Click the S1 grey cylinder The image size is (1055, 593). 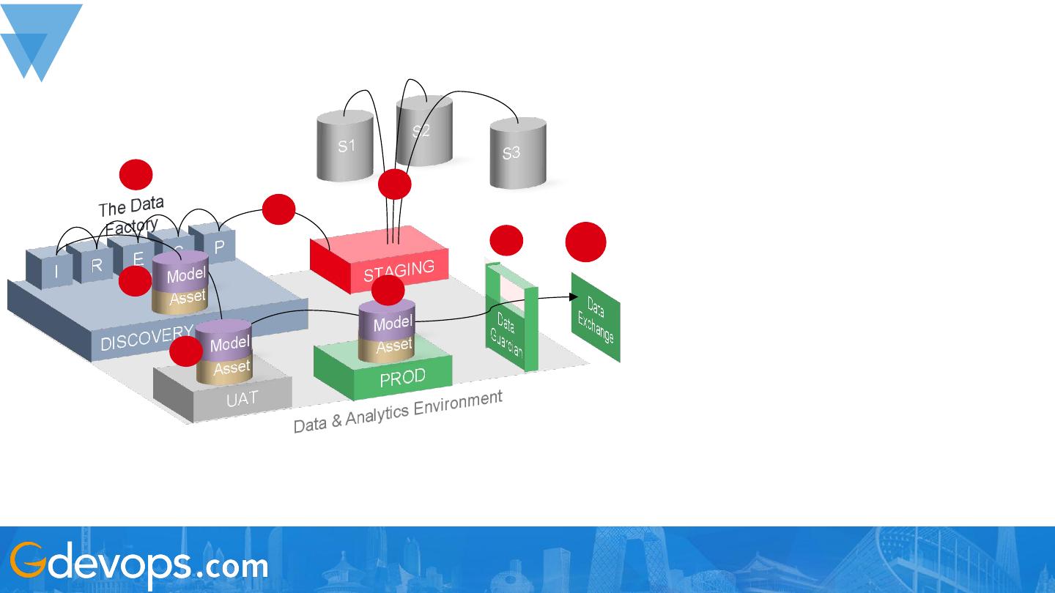point(345,146)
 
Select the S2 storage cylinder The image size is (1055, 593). point(423,132)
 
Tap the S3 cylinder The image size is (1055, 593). point(517,153)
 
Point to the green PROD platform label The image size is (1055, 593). point(402,378)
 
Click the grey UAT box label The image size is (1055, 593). point(242,399)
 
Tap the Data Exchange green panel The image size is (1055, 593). point(596,319)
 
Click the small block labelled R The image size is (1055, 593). point(96,265)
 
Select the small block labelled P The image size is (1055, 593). point(219,247)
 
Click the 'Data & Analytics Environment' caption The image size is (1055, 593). point(398,411)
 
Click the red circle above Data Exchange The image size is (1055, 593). point(586,242)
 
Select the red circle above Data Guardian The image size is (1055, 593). point(506,240)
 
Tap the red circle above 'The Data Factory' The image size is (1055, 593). point(136,175)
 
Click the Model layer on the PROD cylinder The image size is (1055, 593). point(392,323)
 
